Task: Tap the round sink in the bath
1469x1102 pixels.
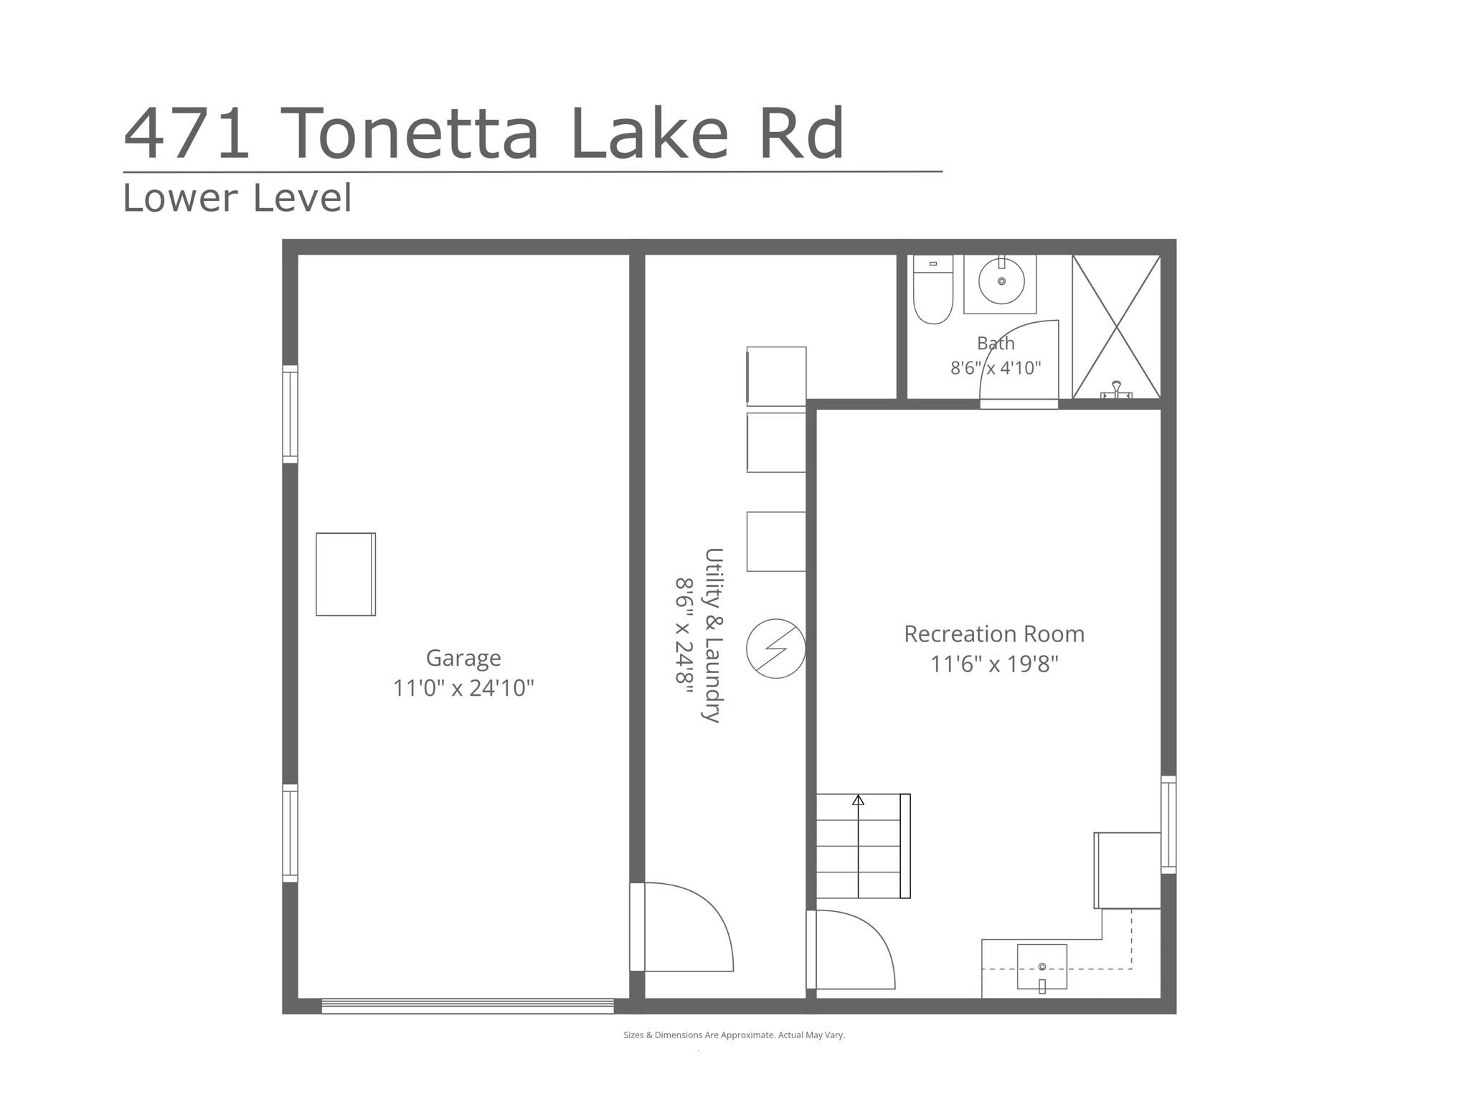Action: (1001, 281)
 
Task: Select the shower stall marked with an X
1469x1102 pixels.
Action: (1116, 326)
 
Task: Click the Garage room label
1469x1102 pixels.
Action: (463, 658)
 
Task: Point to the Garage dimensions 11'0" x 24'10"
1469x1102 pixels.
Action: (463, 689)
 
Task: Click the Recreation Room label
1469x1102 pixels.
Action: (994, 634)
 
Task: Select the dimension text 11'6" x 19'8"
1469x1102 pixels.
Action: (994, 664)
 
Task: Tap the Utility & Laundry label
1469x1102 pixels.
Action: (713, 635)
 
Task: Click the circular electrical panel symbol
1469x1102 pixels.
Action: (776, 649)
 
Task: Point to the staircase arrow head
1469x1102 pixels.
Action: (859, 799)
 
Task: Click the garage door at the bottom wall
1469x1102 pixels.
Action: (468, 1006)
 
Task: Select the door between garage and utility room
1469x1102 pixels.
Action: (681, 927)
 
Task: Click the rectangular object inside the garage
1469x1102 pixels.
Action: (346, 574)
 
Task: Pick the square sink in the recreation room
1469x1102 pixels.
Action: (1042, 967)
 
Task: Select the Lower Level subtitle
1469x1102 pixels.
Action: (237, 197)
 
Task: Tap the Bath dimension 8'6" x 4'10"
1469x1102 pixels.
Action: (996, 368)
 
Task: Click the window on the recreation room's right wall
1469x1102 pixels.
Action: (1168, 824)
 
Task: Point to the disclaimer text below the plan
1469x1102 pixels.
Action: (734, 1035)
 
